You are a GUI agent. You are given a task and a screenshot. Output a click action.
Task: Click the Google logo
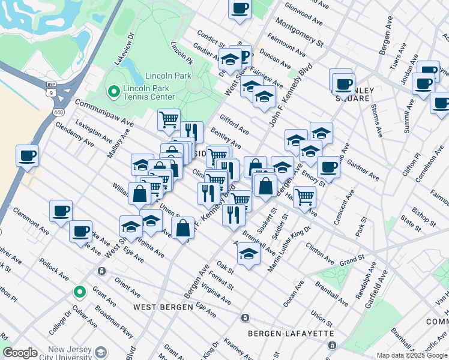[20, 353]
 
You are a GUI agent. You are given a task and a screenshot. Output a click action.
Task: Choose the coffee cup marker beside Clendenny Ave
[28, 156]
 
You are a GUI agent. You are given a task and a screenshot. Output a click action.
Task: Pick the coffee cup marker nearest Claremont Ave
[61, 211]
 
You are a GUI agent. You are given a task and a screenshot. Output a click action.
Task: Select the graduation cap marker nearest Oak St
[249, 253]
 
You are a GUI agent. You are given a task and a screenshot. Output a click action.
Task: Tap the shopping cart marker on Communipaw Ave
[169, 119]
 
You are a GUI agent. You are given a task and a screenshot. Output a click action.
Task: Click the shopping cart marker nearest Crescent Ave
[305, 195]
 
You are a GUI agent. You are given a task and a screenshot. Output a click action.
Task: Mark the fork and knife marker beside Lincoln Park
[191, 131]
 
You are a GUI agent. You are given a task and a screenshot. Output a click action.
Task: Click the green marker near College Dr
[79, 292]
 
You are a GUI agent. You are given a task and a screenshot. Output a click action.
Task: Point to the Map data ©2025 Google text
[411, 355]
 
